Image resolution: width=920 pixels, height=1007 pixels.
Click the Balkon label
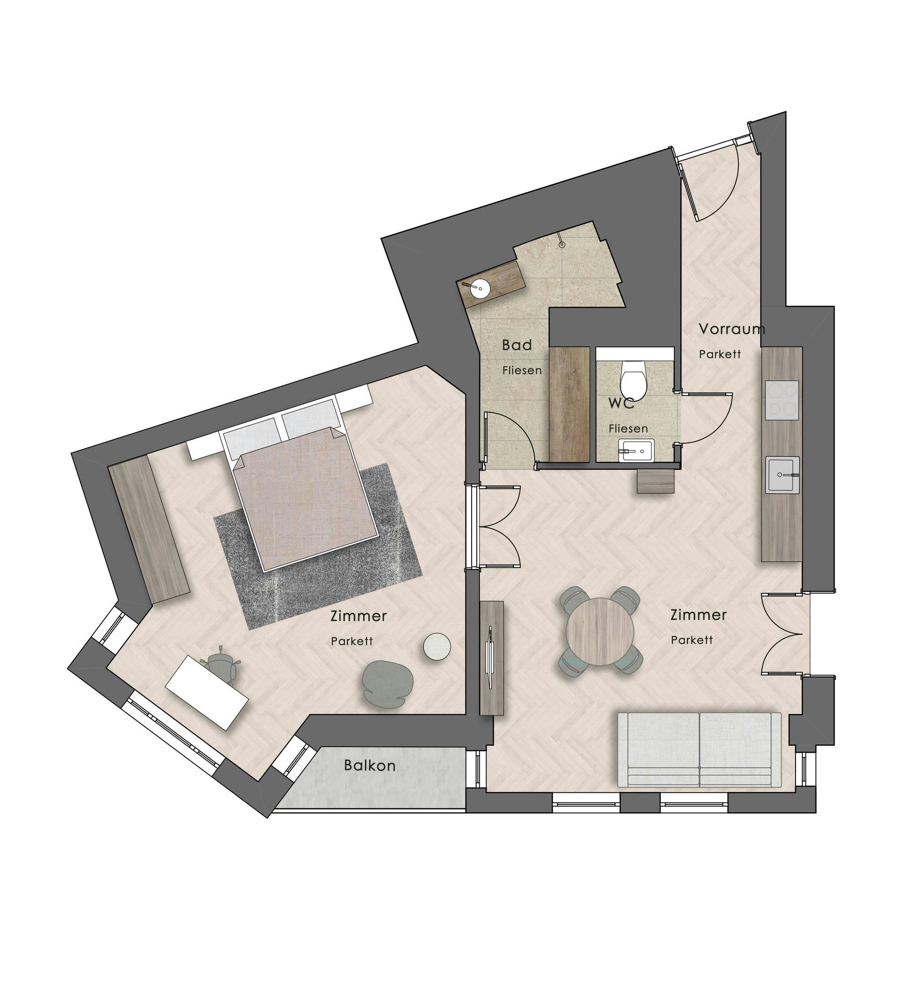pos(370,765)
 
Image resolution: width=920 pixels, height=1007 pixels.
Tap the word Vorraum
pos(731,329)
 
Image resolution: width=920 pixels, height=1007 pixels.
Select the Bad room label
pos(517,344)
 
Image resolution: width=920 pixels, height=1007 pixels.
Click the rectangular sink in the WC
pos(636,451)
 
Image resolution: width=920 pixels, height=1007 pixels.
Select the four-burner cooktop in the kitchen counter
pos(781,401)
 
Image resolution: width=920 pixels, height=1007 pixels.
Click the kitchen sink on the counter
pos(783,474)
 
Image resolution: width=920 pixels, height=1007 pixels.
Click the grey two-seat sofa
pos(699,749)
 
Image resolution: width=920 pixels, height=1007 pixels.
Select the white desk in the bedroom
pos(207,692)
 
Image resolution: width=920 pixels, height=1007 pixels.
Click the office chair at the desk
pos(222,667)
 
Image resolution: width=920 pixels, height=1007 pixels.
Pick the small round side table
pos(437,646)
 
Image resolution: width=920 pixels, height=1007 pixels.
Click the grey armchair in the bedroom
pos(388,682)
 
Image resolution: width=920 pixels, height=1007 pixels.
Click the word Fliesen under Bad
pos(522,371)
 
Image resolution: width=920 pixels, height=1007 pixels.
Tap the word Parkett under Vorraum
pos(720,354)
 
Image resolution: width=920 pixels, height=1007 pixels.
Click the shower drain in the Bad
pos(562,245)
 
